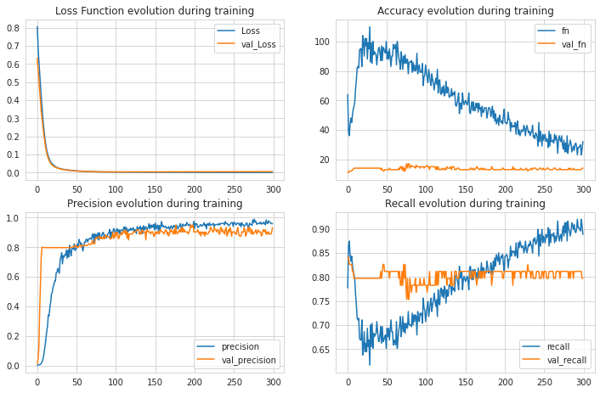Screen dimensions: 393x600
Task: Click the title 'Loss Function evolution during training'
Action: pyautogui.click(x=154, y=11)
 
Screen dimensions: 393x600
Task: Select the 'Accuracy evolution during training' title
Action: pyautogui.click(x=465, y=11)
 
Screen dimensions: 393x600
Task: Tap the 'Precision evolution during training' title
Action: pyautogui.click(x=154, y=204)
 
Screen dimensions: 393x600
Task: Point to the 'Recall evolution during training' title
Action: pyautogui.click(x=465, y=204)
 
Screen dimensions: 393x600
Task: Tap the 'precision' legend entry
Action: pyautogui.click(x=241, y=346)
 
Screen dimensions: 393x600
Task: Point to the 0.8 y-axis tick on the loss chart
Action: pyautogui.click(x=16, y=27)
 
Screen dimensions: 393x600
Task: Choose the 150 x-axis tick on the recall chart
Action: pyautogui.click(x=466, y=380)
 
